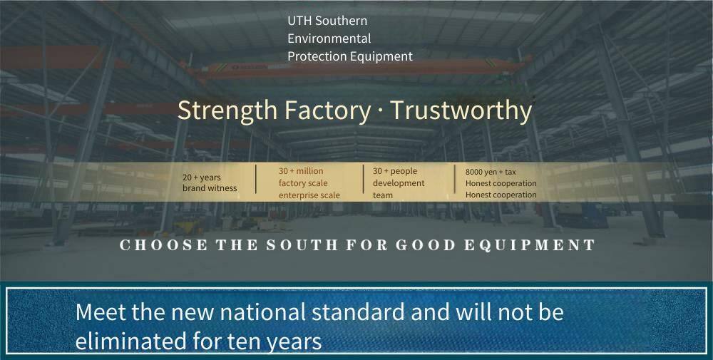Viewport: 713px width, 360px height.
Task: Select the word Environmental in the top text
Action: click(329, 38)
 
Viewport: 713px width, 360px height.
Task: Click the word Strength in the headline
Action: click(227, 110)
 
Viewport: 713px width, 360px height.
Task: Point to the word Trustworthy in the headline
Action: click(461, 110)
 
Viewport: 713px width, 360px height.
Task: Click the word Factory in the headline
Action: click(327, 110)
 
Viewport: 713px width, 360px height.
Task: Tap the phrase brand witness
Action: click(210, 188)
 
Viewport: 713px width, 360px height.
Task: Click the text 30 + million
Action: click(301, 171)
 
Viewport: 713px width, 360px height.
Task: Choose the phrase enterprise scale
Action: click(309, 195)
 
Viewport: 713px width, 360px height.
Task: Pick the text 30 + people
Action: click(395, 171)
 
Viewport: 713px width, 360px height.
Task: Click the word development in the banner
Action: click(399, 183)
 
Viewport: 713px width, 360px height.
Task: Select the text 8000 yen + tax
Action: click(491, 173)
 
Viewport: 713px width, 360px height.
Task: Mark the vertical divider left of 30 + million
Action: click(256, 179)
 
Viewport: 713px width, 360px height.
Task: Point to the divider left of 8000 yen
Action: click(455, 179)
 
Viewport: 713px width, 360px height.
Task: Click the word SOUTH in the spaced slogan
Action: click(302, 245)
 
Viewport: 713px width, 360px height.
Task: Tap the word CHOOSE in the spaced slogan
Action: click(164, 245)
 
